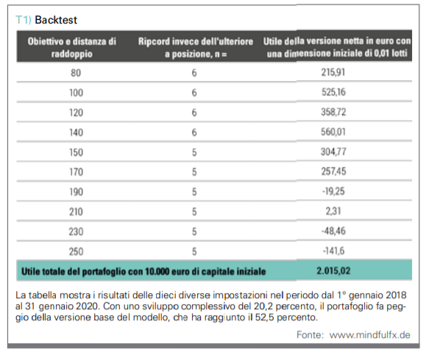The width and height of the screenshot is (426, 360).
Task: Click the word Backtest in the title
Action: [x=56, y=20]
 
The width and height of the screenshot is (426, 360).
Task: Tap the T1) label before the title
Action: [x=24, y=20]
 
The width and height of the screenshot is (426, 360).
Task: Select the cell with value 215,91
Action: [x=333, y=72]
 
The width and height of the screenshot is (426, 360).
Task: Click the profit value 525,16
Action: [x=333, y=92]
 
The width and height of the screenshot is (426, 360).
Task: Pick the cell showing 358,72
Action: [x=333, y=112]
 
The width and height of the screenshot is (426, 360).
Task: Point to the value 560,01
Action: [x=333, y=132]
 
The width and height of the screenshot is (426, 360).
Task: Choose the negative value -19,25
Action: [x=333, y=191]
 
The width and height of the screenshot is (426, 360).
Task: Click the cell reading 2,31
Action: [x=333, y=211]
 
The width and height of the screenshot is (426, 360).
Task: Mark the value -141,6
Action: [x=333, y=251]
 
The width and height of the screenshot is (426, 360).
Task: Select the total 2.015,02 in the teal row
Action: [x=333, y=271]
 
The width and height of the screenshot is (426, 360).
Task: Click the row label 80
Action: [x=76, y=73]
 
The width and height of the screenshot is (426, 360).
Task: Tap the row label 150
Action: [x=76, y=152]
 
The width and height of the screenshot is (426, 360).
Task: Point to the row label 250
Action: [x=76, y=252]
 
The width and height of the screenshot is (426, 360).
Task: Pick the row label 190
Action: [x=76, y=192]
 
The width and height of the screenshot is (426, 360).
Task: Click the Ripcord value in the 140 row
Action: [x=194, y=133]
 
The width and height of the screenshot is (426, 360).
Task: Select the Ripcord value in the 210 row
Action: [x=194, y=212]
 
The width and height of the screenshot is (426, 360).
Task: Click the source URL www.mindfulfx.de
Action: [x=370, y=335]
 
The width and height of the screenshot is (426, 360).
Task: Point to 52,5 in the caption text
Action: [x=265, y=317]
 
